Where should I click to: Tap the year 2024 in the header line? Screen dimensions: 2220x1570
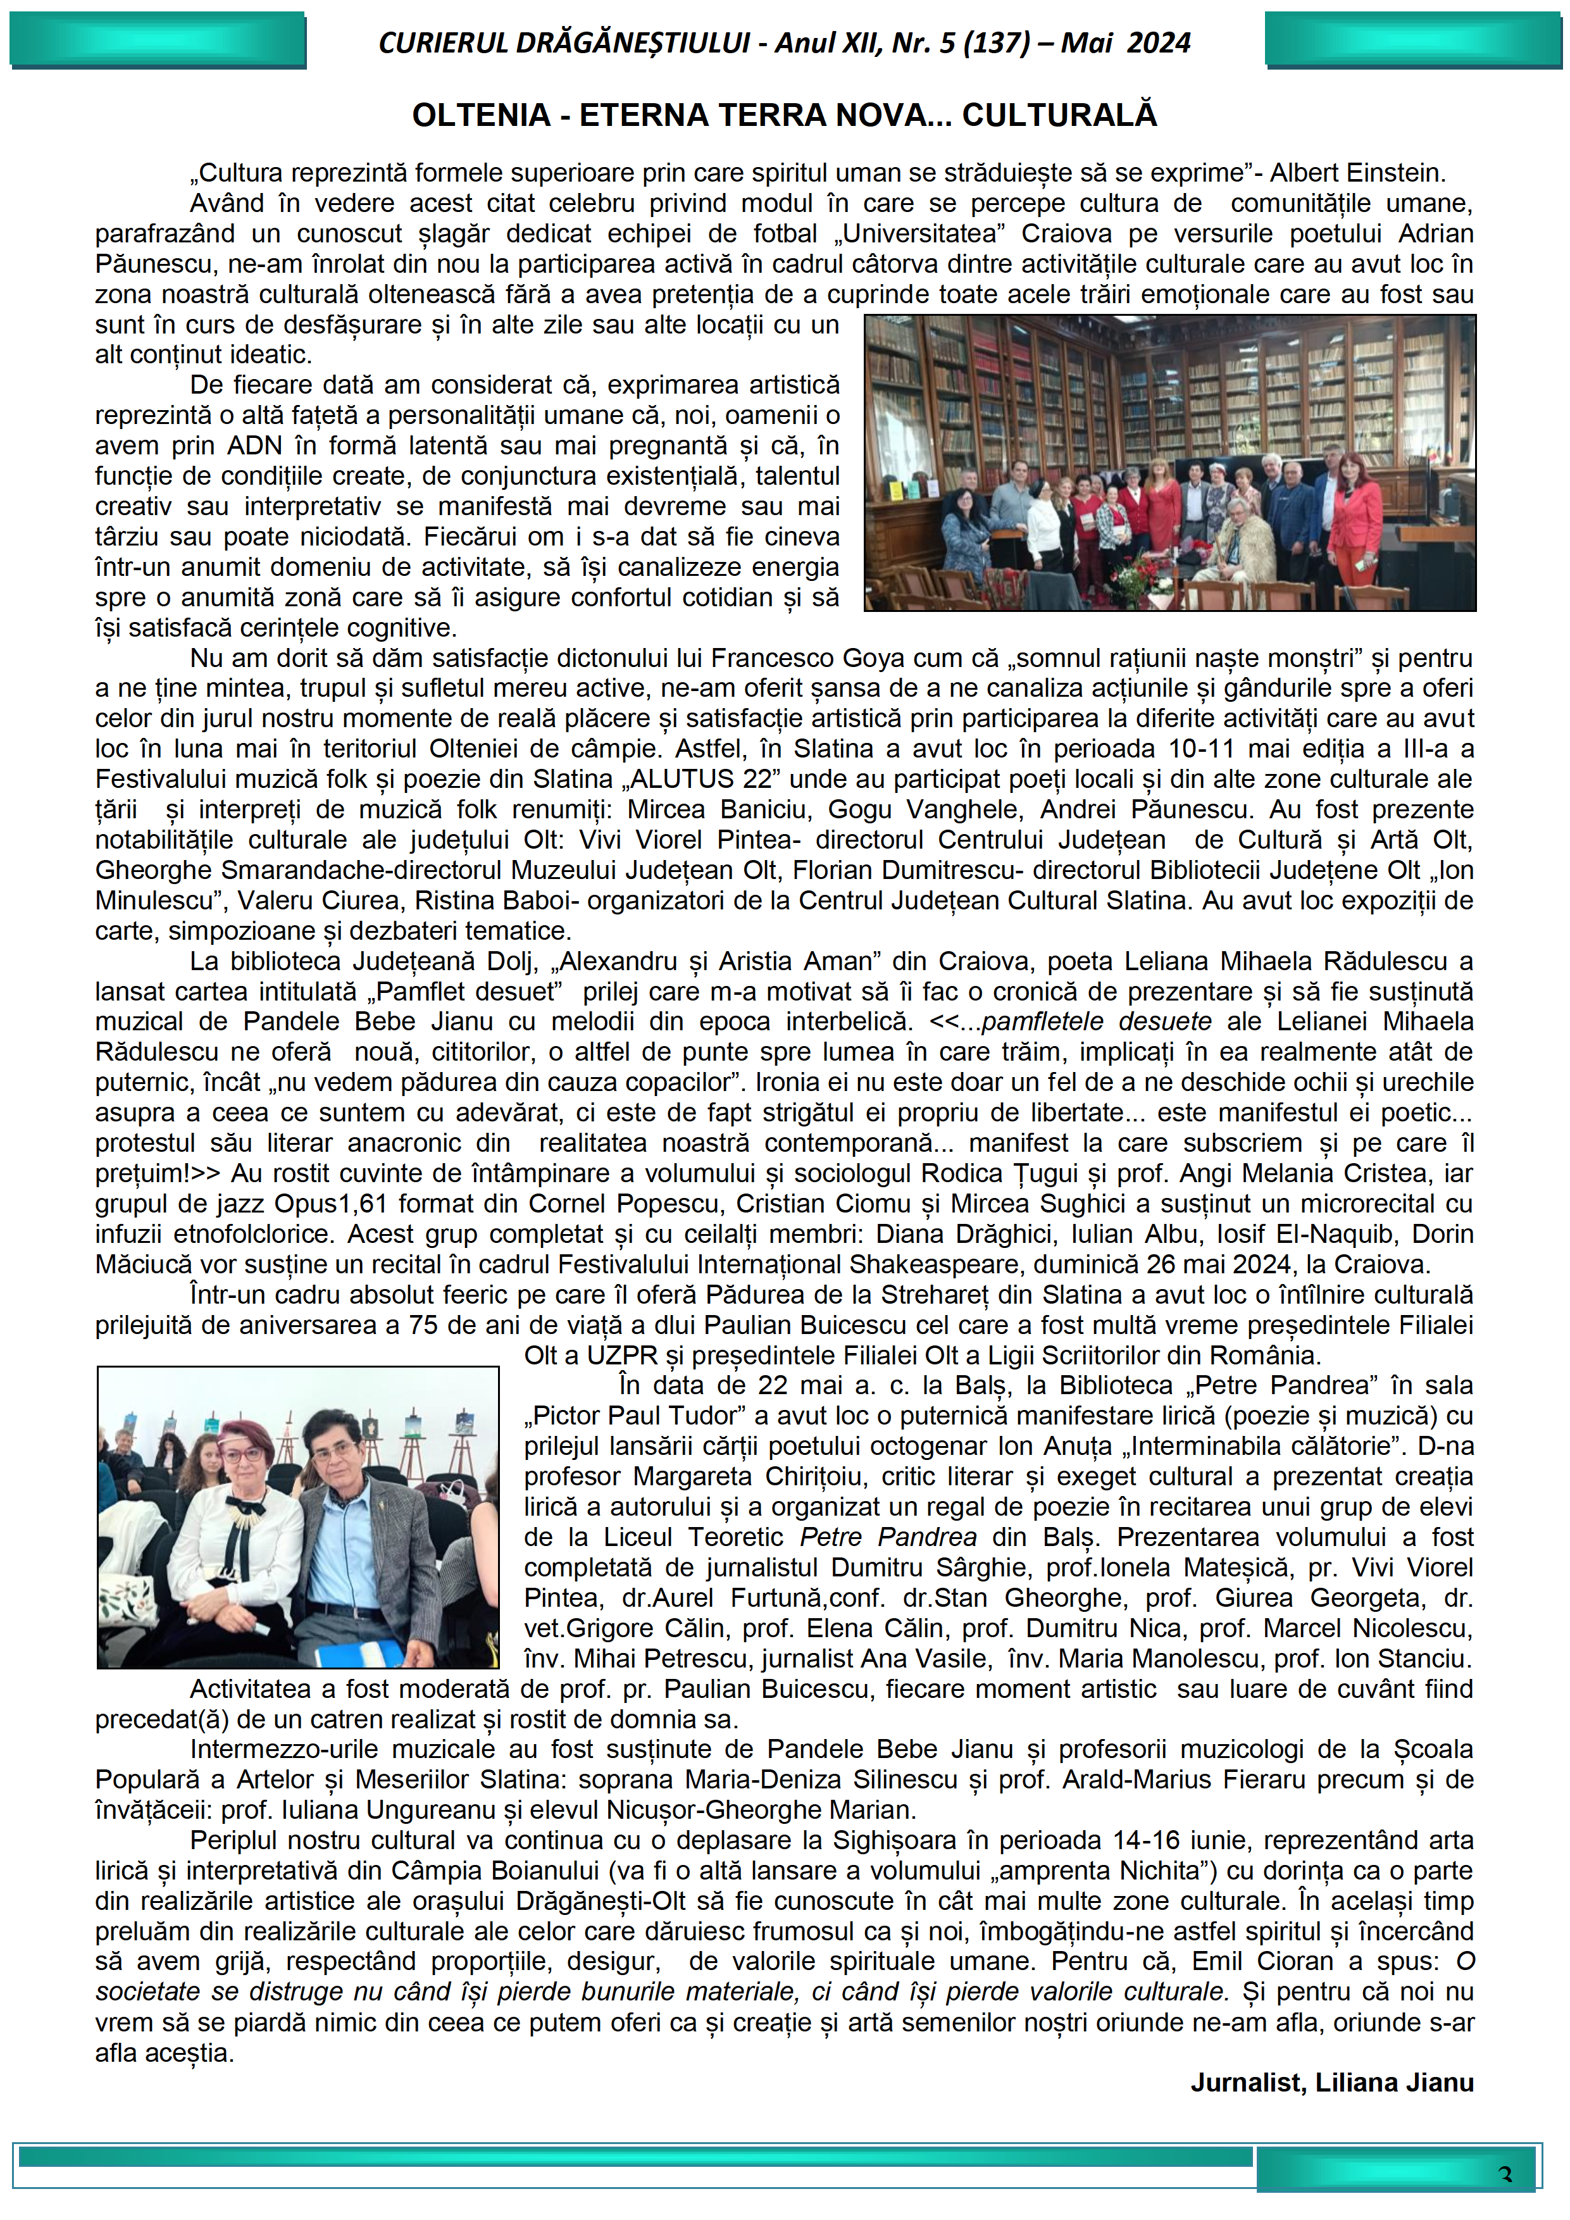1158,44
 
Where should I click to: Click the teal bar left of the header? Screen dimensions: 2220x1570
158,40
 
